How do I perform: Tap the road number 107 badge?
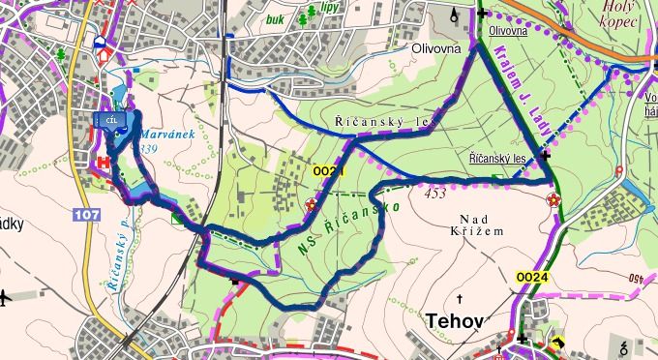[x=86, y=213]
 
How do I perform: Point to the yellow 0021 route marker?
[x=329, y=171]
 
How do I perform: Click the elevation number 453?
[x=435, y=194]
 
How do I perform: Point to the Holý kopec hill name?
[x=620, y=13]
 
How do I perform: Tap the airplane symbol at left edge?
[x=7, y=295]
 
